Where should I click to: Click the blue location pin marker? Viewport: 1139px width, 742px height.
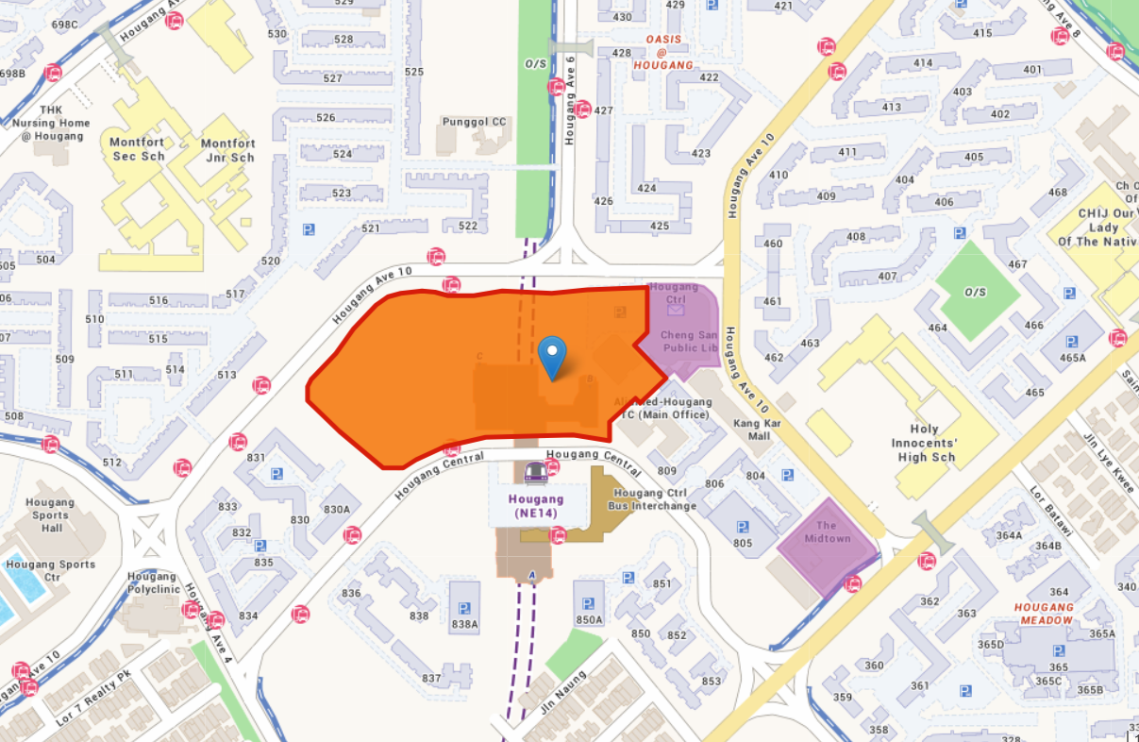tap(552, 356)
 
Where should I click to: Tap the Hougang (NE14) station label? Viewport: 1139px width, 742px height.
tap(535, 506)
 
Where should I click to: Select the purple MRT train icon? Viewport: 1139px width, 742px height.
tap(535, 471)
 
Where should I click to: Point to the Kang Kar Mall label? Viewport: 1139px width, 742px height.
tap(759, 430)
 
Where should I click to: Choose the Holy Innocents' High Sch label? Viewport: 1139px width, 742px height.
tap(926, 443)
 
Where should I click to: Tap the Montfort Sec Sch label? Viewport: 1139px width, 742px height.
tap(137, 149)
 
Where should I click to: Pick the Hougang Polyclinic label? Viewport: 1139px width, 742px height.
tap(153, 582)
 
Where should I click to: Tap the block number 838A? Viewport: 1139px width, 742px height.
tap(465, 624)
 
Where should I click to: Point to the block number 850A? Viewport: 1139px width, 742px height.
tap(589, 619)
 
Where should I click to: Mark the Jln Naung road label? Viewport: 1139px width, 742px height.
tap(562, 691)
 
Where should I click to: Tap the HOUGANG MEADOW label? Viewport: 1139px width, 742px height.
tap(1044, 614)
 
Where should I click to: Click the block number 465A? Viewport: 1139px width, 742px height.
tap(1073, 358)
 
